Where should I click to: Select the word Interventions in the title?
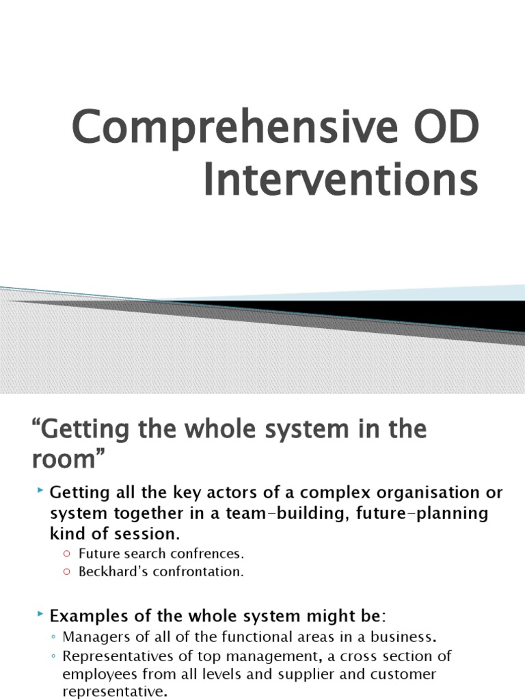(340, 180)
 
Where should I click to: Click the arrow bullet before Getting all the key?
(40, 491)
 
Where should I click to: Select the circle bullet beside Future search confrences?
(66, 553)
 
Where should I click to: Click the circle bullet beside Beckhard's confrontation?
(66, 572)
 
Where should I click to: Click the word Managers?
(92, 637)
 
